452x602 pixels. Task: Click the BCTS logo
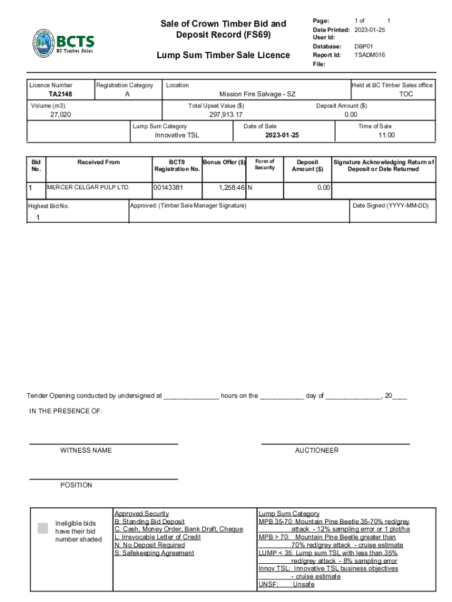click(63, 44)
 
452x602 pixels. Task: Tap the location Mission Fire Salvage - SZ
click(257, 94)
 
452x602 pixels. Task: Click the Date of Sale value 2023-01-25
click(282, 135)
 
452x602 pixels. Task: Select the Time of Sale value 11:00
click(386, 135)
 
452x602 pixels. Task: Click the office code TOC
click(406, 94)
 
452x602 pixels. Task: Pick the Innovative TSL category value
click(177, 135)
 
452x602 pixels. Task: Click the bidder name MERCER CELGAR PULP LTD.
click(88, 188)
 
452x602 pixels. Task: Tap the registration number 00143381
click(168, 188)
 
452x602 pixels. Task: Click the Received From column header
click(98, 162)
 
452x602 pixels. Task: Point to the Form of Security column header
click(264, 165)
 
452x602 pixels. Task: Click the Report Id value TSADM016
click(369, 55)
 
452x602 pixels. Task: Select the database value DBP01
click(363, 46)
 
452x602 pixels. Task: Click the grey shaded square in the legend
click(43, 528)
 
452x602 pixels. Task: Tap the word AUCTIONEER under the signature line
click(316, 450)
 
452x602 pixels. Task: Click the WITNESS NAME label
click(86, 450)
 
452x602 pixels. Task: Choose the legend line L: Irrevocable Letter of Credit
click(157, 537)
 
